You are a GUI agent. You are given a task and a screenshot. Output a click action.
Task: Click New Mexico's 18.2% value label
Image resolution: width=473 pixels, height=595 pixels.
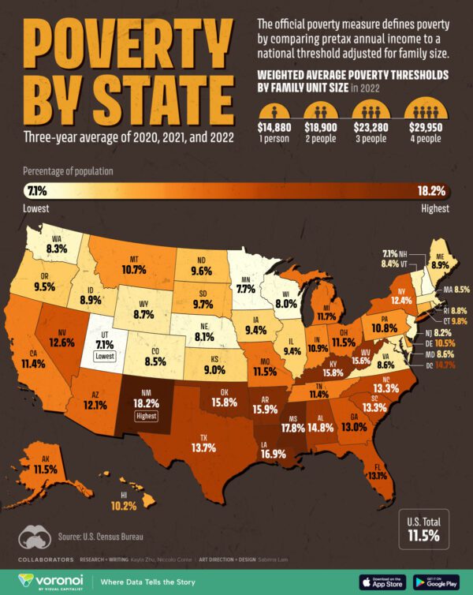point(147,402)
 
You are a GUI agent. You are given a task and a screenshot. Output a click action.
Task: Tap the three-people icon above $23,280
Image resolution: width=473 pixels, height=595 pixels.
point(374,110)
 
